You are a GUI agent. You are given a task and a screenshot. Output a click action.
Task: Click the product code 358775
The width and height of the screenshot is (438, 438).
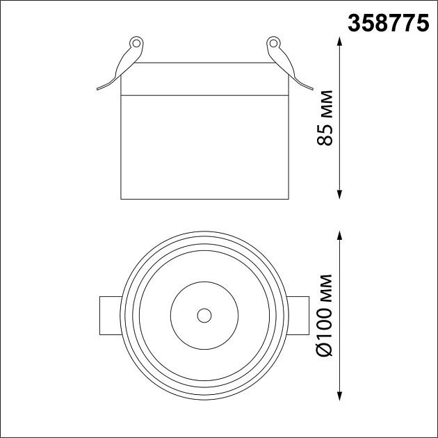(388, 23)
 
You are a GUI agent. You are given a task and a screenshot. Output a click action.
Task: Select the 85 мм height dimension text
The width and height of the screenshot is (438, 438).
(325, 118)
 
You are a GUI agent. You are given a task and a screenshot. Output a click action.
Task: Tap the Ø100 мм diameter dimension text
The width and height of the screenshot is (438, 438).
(325, 316)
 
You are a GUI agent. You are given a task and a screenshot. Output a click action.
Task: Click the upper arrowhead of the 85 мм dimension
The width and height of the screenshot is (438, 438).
(339, 42)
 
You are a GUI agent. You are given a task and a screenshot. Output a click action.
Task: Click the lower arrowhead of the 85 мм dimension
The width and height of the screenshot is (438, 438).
(339, 195)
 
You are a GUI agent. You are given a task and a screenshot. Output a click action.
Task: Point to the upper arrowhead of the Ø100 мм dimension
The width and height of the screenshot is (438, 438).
(339, 236)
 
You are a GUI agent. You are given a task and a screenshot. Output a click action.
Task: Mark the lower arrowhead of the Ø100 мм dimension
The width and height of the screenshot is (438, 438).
(339, 396)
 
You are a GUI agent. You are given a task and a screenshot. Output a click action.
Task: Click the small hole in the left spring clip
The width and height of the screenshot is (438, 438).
(136, 43)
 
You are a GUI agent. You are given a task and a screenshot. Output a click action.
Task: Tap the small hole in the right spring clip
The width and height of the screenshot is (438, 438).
(273, 43)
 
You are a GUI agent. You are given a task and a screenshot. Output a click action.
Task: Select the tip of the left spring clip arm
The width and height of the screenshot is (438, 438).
(97, 89)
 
